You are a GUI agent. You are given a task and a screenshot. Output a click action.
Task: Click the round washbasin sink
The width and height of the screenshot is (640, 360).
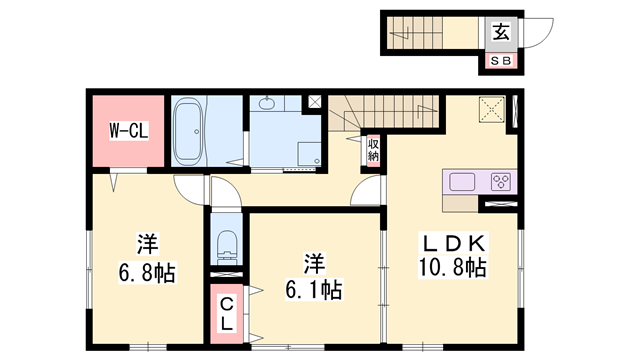pyautogui.click(x=268, y=104)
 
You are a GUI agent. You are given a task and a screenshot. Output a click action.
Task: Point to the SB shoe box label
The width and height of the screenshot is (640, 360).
pyautogui.click(x=501, y=61)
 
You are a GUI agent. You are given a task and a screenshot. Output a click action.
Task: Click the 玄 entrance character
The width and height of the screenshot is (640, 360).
pyautogui.click(x=501, y=32)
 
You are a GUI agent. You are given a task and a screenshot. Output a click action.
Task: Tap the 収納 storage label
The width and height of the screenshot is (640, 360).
pyautogui.click(x=372, y=150)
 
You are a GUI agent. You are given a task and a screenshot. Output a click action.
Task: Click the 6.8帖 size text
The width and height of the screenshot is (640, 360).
pyautogui.click(x=146, y=272)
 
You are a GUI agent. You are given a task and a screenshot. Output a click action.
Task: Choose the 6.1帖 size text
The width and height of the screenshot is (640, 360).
pyautogui.click(x=313, y=291)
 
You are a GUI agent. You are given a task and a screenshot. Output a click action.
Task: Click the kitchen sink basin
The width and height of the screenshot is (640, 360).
pyautogui.click(x=463, y=182)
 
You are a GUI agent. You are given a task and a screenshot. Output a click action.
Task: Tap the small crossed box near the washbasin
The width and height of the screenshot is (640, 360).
pyautogui.click(x=315, y=102)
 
